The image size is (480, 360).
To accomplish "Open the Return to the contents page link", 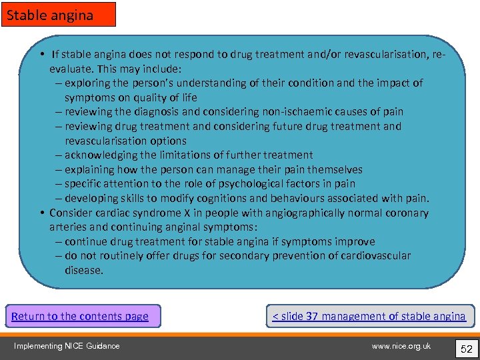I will (80, 316).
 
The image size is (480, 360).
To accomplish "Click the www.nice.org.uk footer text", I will (401, 345).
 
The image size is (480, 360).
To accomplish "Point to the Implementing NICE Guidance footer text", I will (67, 345).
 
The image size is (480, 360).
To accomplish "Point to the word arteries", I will (68, 227).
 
